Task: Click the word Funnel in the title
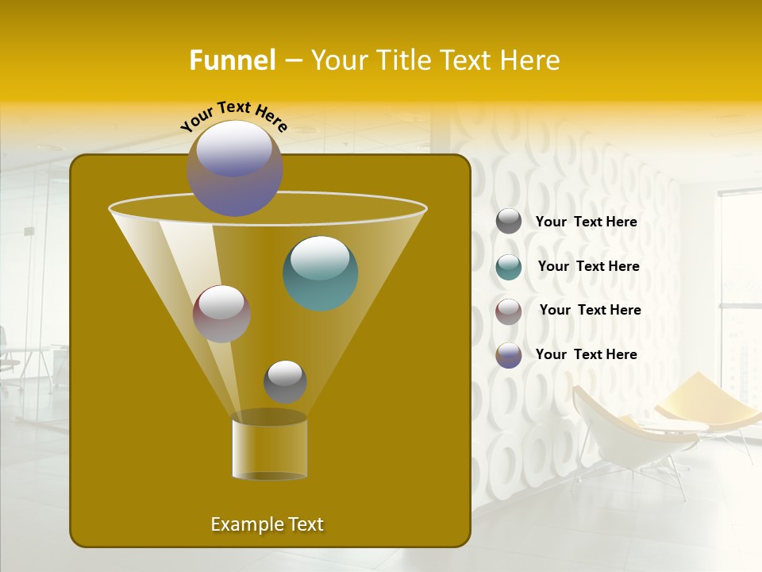coord(232,60)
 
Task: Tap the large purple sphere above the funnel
coord(234,168)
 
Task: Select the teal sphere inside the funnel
coord(320,272)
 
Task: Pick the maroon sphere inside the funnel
coord(221,313)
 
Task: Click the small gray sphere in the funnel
coord(285,381)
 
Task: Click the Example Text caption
coord(267,524)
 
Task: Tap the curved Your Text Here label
coord(233,115)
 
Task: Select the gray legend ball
coord(509,221)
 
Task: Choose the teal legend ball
coord(509,267)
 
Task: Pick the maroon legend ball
coord(509,311)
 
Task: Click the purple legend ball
coord(509,355)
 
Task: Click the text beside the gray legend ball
coord(586,222)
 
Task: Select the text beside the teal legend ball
coord(588,267)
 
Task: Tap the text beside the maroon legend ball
coord(590,311)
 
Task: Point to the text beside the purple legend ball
coord(586,354)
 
